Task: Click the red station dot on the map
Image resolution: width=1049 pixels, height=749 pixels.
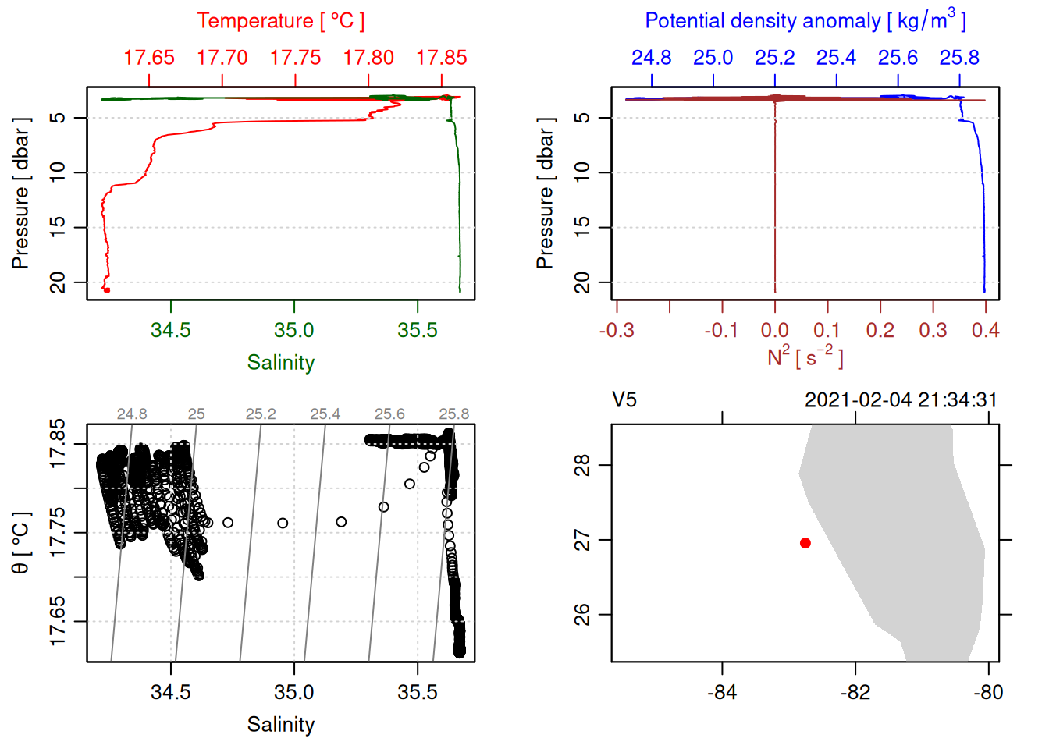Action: tap(805, 543)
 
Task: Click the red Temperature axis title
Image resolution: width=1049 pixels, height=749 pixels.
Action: tap(280, 21)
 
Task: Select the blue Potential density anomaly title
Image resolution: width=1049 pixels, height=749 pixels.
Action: tap(805, 21)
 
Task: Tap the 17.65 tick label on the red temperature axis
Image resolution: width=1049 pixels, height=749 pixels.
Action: tap(149, 58)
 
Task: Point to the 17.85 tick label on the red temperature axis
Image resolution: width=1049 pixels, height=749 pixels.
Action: tap(441, 58)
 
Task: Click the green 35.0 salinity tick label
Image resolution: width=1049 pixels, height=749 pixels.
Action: tap(293, 330)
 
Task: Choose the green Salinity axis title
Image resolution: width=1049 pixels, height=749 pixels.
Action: tap(280, 363)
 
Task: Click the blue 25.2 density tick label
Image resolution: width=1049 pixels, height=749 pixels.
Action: tap(774, 58)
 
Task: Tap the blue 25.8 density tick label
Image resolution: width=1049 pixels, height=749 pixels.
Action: tap(959, 58)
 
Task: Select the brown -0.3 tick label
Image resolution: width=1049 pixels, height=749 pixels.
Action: tap(616, 331)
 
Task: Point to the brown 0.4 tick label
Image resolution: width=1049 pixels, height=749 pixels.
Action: tap(985, 331)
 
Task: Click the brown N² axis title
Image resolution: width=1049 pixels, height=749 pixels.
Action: tap(805, 357)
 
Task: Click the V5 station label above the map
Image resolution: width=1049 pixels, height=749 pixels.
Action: tap(624, 400)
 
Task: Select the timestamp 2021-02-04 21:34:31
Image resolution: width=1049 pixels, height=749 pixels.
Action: tap(901, 400)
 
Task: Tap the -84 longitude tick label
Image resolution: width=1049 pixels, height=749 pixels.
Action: tap(722, 692)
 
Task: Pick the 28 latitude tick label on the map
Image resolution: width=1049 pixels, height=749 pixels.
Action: tap(582, 466)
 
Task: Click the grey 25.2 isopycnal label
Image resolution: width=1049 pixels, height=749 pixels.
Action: tap(261, 414)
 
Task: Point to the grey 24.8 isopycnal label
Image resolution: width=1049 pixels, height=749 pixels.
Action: tap(132, 414)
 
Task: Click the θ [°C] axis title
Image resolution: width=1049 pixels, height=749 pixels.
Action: tap(20, 543)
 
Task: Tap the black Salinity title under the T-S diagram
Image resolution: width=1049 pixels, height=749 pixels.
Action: tap(280, 725)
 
